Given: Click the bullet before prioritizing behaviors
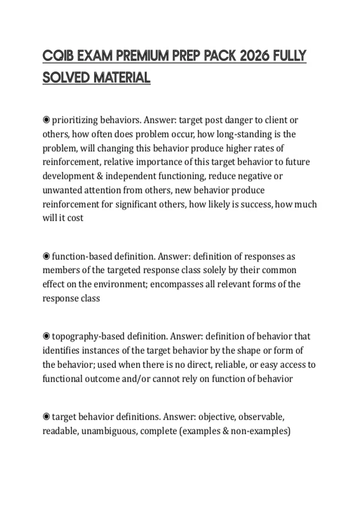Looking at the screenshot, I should [46, 120].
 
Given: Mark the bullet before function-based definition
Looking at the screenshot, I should [46, 256].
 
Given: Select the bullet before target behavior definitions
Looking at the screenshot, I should [46, 417].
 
